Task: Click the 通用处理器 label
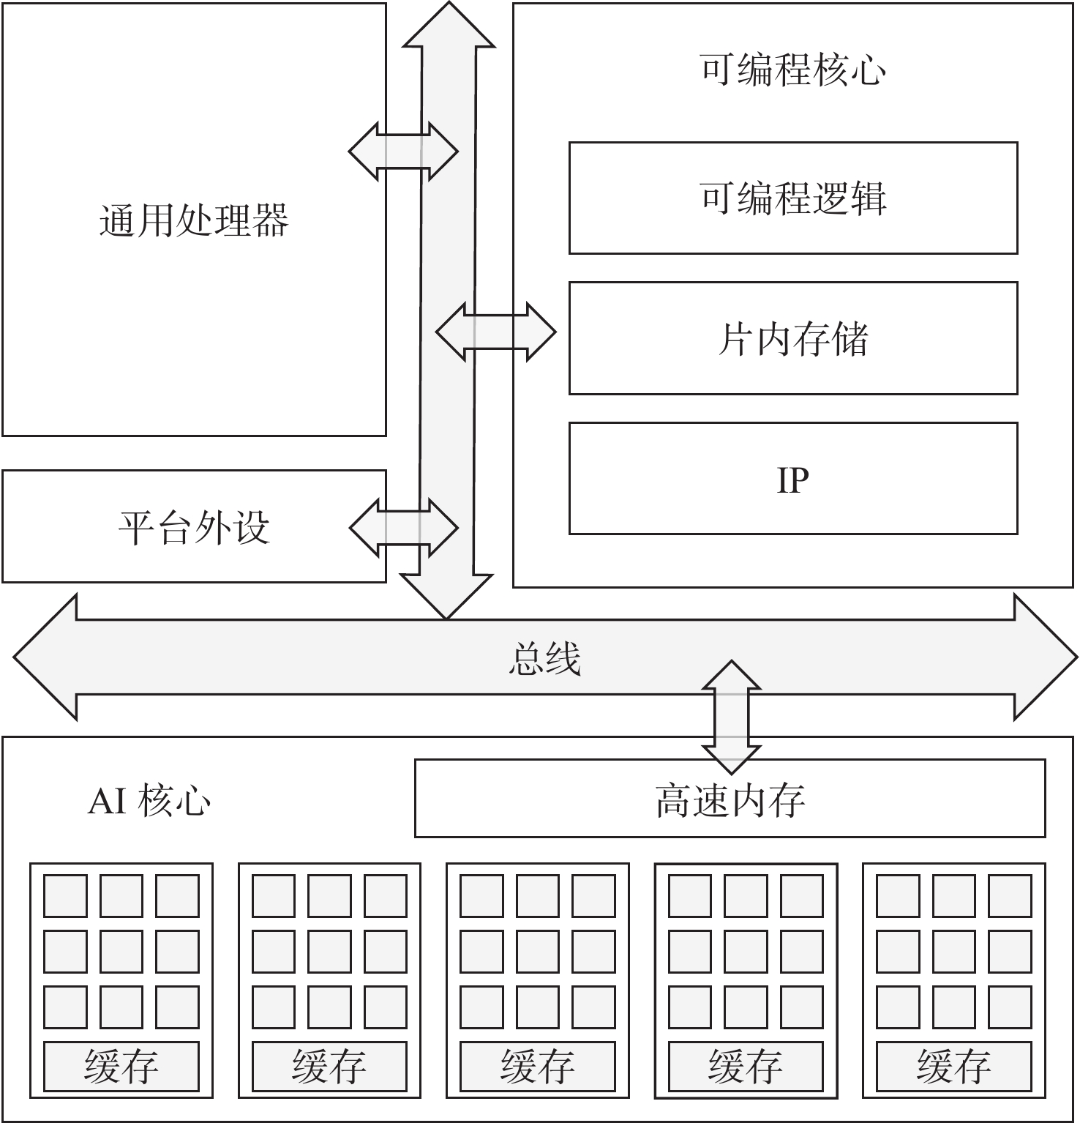point(194,220)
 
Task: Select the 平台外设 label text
point(194,527)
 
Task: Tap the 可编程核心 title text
point(793,70)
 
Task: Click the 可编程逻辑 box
point(793,198)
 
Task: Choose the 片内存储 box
point(793,338)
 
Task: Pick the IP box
point(793,479)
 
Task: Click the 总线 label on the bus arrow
point(544,657)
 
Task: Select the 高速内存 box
point(730,799)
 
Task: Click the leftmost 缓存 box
point(121,1066)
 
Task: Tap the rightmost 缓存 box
point(954,1066)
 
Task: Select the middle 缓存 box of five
point(538,1066)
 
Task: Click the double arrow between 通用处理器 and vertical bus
point(403,152)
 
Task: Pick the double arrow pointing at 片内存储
point(496,332)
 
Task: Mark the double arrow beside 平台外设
point(403,527)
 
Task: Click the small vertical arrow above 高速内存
point(731,717)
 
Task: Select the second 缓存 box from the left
point(329,1066)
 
